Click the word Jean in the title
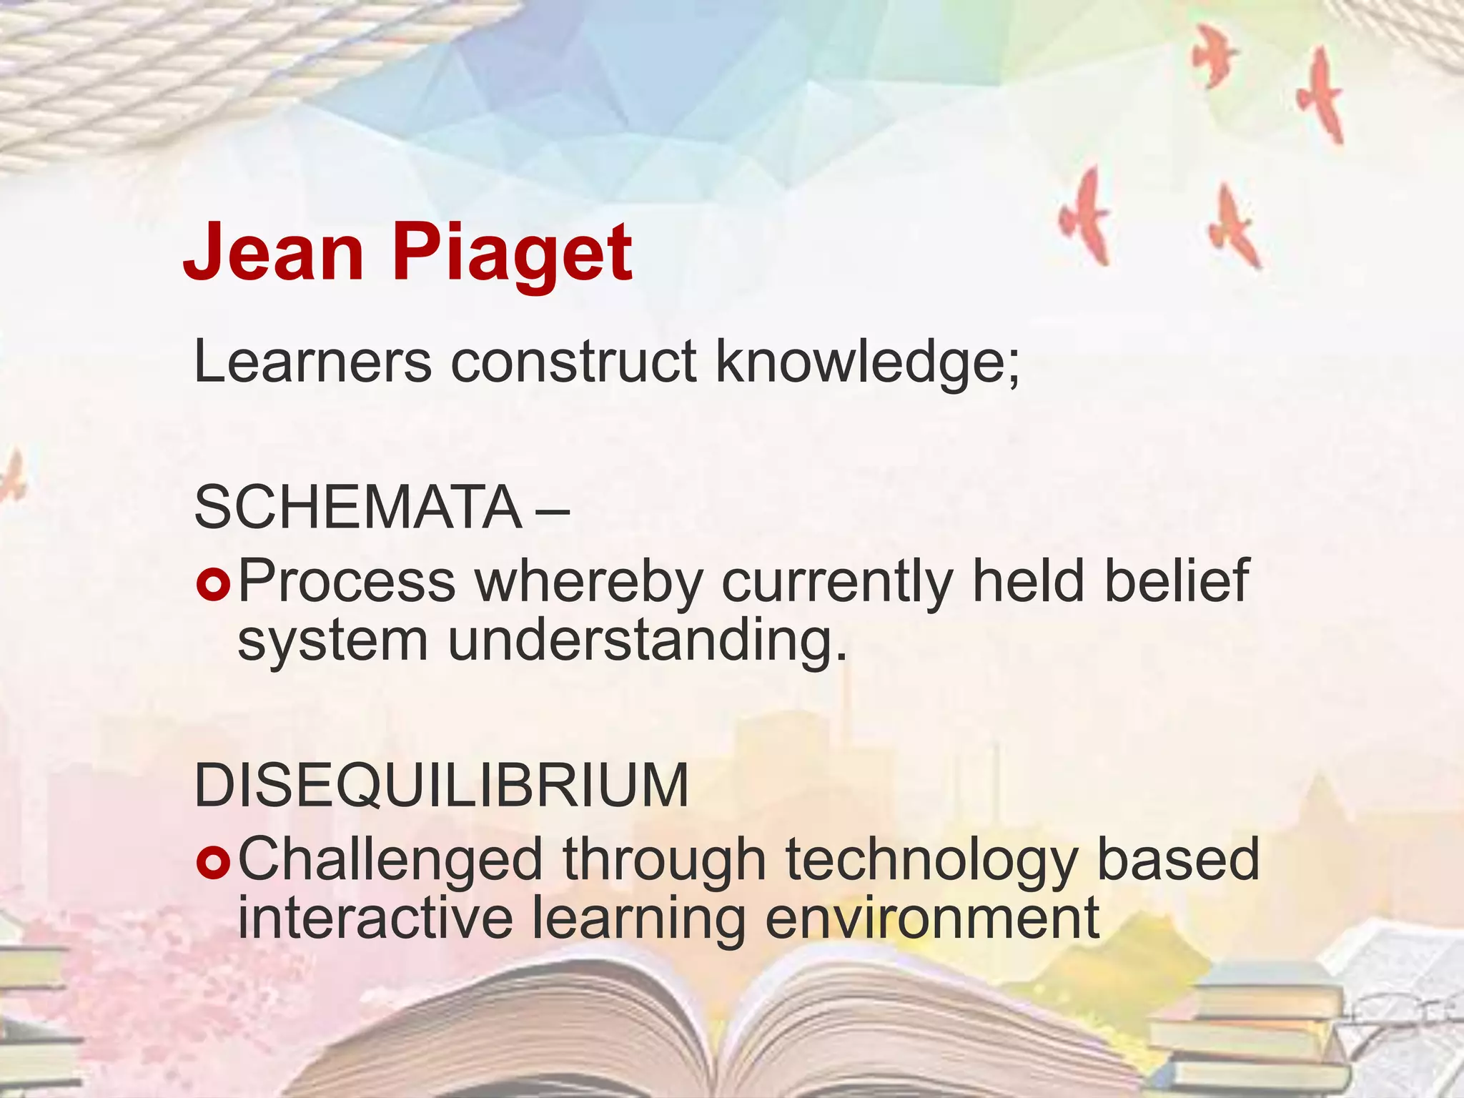(273, 252)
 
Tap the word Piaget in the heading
(512, 254)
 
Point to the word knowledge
(866, 363)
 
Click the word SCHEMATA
(357, 507)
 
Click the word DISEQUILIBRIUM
(441, 786)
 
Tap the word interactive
(375, 919)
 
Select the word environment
(931, 919)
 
